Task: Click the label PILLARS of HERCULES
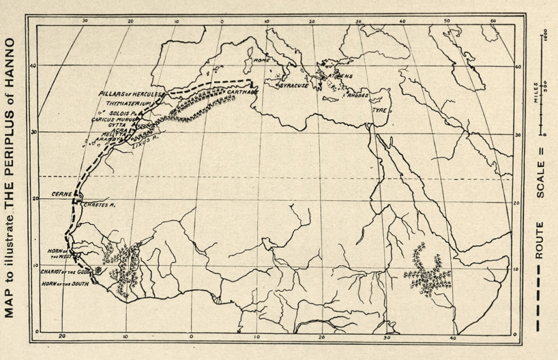click(130, 94)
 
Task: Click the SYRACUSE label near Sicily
click(294, 86)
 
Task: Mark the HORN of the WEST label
click(57, 253)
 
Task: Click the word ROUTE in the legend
click(540, 240)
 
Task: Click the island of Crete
click(330, 99)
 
